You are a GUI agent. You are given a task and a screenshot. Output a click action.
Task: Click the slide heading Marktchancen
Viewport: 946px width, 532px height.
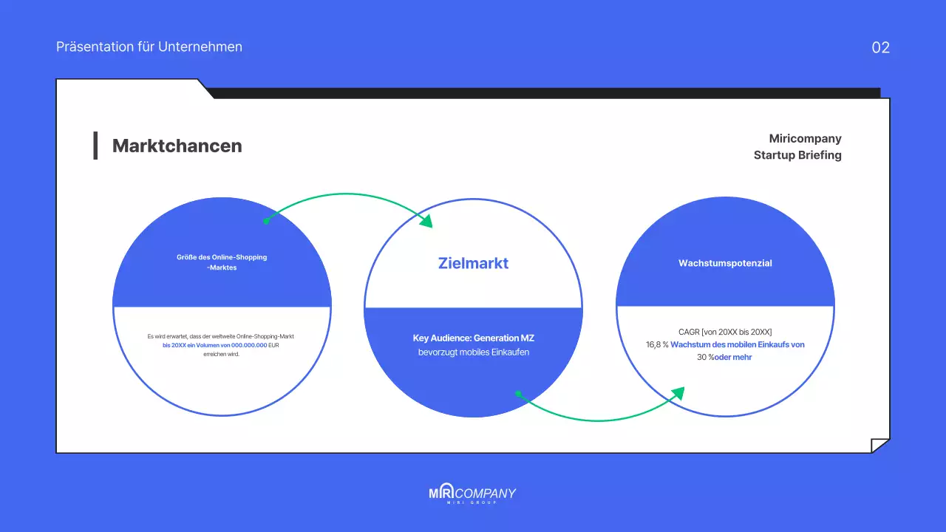pyautogui.click(x=177, y=146)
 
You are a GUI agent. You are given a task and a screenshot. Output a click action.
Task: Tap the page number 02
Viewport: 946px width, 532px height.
pyautogui.click(x=880, y=48)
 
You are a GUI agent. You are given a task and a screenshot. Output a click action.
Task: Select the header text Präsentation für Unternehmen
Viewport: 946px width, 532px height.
pyautogui.click(x=149, y=47)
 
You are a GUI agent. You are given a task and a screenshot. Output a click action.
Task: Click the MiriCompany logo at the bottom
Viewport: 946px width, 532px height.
pyautogui.click(x=472, y=494)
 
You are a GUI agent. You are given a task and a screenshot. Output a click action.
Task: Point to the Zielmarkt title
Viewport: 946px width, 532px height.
pyautogui.click(x=473, y=263)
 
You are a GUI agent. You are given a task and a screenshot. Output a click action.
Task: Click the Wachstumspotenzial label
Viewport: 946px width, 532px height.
pyautogui.click(x=725, y=263)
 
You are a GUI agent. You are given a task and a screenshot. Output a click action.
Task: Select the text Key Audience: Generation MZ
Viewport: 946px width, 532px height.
pyautogui.click(x=473, y=338)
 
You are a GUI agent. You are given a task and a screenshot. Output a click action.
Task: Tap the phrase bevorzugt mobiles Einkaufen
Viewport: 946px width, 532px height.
pyautogui.click(x=473, y=352)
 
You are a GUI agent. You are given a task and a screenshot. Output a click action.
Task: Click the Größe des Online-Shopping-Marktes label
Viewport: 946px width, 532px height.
pyautogui.click(x=222, y=262)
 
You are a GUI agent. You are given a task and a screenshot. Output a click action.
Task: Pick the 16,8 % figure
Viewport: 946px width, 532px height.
pyautogui.click(x=657, y=344)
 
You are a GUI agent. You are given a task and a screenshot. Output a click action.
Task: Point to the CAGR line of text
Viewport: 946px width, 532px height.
pyautogui.click(x=725, y=332)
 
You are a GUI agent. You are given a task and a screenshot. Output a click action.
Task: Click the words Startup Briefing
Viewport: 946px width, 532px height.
pyautogui.click(x=797, y=155)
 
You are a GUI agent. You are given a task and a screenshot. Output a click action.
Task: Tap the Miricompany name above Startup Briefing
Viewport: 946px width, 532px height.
pyautogui.click(x=805, y=139)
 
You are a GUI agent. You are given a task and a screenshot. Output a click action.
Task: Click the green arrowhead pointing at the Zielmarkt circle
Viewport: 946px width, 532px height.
pyautogui.click(x=426, y=221)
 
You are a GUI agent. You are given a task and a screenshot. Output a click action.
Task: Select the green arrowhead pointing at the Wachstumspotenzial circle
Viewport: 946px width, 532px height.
pyautogui.click(x=677, y=393)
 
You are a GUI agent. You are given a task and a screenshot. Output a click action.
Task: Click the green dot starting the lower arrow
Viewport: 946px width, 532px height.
pyautogui.click(x=518, y=394)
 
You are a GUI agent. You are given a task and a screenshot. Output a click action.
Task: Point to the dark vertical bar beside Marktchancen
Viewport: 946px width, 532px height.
pyautogui.click(x=95, y=146)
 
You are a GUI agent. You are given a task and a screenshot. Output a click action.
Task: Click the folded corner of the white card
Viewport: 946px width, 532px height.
pyautogui.click(x=879, y=445)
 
